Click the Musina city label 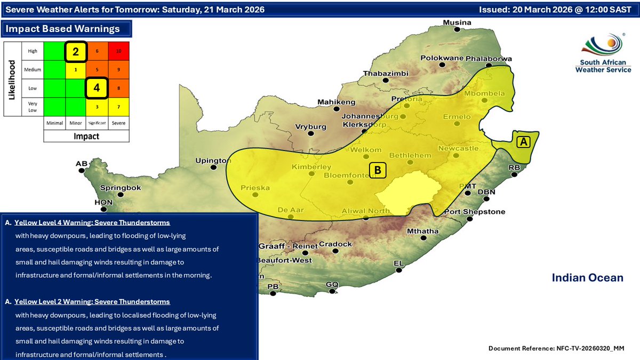[458, 22]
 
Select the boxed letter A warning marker [524, 142]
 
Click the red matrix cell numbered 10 [119, 51]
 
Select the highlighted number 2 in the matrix [76, 52]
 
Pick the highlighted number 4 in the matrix [97, 88]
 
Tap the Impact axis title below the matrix [86, 136]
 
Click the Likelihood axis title [11, 79]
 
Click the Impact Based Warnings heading [63, 29]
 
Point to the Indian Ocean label [587, 277]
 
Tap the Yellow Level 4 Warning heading [92, 222]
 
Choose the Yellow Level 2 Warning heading [92, 302]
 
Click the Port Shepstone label [475, 212]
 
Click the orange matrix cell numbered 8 [119, 88]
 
